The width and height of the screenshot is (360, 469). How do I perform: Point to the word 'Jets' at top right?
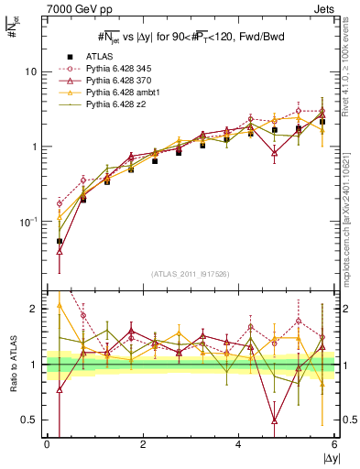point(324,8)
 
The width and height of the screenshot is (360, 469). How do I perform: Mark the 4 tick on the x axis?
point(239,445)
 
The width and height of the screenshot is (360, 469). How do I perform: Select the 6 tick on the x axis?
point(334,445)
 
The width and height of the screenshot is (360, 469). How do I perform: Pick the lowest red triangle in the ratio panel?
point(275,420)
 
